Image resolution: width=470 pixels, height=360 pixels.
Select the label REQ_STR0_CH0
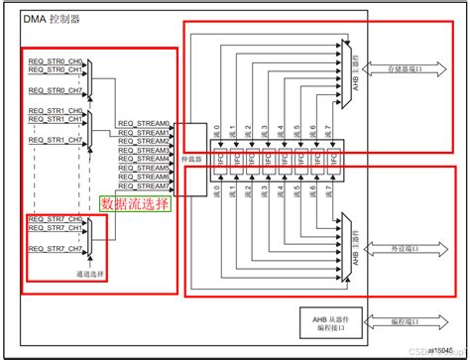[x=56, y=61]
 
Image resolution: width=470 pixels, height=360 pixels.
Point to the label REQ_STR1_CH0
[x=56, y=111]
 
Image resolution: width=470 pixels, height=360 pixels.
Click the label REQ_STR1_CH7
[x=56, y=140]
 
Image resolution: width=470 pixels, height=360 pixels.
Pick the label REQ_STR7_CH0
[x=56, y=219]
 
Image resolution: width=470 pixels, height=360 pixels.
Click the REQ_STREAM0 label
[x=144, y=124]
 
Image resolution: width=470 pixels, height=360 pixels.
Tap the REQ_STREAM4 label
[x=144, y=159]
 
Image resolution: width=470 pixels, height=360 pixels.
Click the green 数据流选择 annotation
[x=135, y=203]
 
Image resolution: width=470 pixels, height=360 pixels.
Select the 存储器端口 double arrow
[x=396, y=68]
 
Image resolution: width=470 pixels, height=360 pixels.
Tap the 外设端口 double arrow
[x=396, y=243]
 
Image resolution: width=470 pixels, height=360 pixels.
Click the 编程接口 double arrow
[x=396, y=321]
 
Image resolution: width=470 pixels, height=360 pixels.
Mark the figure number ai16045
[x=441, y=343]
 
